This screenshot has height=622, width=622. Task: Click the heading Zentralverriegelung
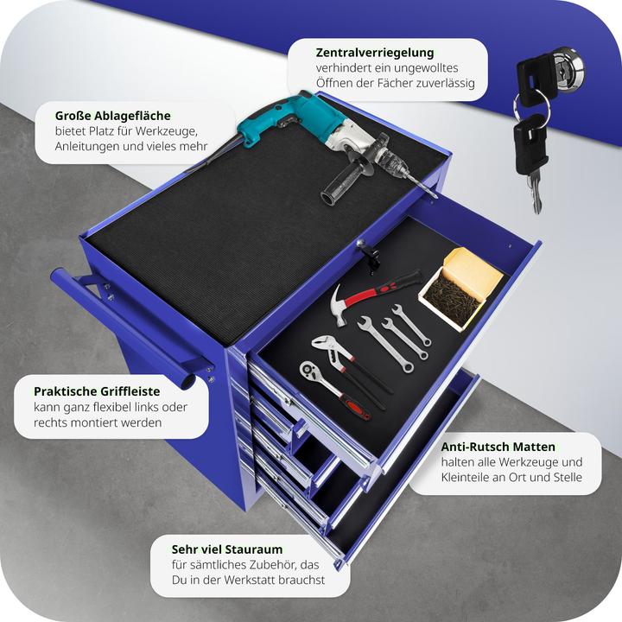(375, 53)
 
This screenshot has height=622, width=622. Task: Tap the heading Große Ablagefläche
(112, 116)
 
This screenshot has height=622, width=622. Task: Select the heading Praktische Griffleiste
(97, 391)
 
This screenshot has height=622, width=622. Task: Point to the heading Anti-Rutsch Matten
(498, 447)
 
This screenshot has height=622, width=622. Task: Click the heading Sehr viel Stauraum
(227, 549)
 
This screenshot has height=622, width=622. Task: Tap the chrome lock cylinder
(568, 67)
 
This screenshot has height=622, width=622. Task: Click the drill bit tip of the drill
(435, 196)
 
